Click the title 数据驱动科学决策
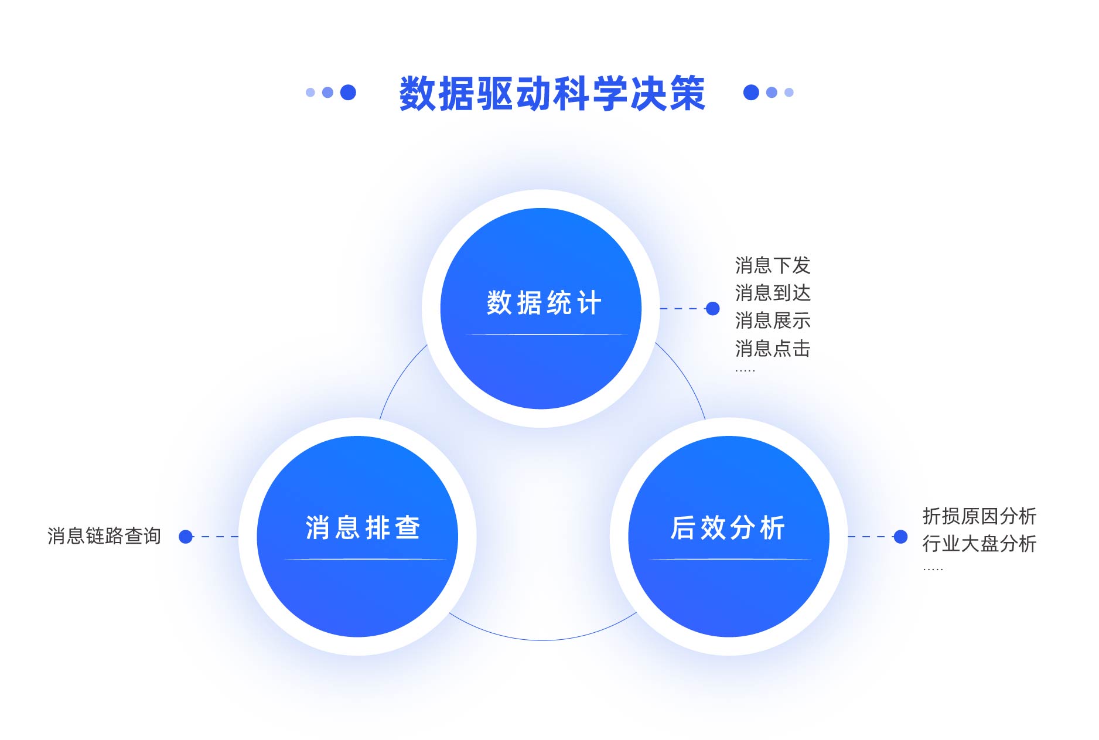pos(552,93)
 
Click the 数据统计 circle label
pos(544,303)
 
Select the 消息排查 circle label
pos(363,527)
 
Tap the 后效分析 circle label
pos(728,527)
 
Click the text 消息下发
pos(773,265)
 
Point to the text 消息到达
pos(773,293)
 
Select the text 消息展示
pos(773,320)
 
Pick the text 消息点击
pos(773,349)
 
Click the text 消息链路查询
pos(104,536)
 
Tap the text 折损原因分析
pos(979,516)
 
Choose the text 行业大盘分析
pos(979,544)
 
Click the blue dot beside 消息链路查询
pos(186,536)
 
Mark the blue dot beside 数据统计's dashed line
pos(712,308)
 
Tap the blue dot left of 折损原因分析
pos(900,536)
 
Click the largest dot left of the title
pos(348,92)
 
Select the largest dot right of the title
pos(751,92)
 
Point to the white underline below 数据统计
pos(547,335)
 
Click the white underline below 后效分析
pos(730,559)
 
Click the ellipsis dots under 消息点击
pos(745,371)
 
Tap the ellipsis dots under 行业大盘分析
pos(933,569)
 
